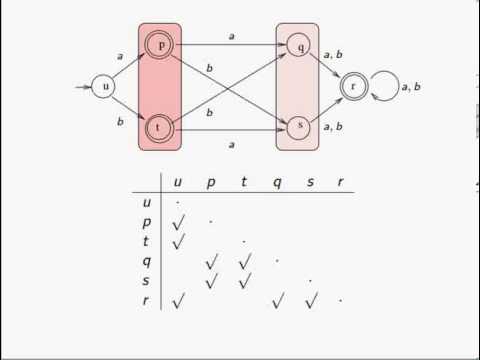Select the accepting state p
pyautogui.click(x=158, y=45)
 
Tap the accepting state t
pyautogui.click(x=158, y=128)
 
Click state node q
pyautogui.click(x=298, y=45)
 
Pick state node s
pyautogui.click(x=298, y=127)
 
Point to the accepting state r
pyautogui.click(x=352, y=87)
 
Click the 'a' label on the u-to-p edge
pyautogui.click(x=120, y=59)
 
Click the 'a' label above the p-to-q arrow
pyautogui.click(x=231, y=36)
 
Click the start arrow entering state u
pyautogui.click(x=83, y=87)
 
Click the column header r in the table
pyautogui.click(x=342, y=182)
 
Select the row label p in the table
pyautogui.click(x=146, y=222)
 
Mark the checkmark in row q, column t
pyautogui.click(x=244, y=261)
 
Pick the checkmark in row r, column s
pyautogui.click(x=310, y=299)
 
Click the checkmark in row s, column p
pyautogui.click(x=211, y=281)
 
